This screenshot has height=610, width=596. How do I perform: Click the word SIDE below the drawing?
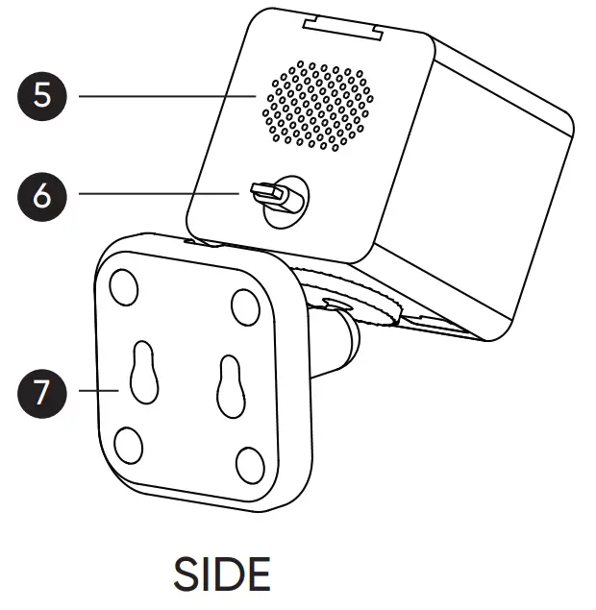[222, 573]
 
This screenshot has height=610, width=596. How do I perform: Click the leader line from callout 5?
[163, 96]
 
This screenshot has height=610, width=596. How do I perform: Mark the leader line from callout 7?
[96, 391]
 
